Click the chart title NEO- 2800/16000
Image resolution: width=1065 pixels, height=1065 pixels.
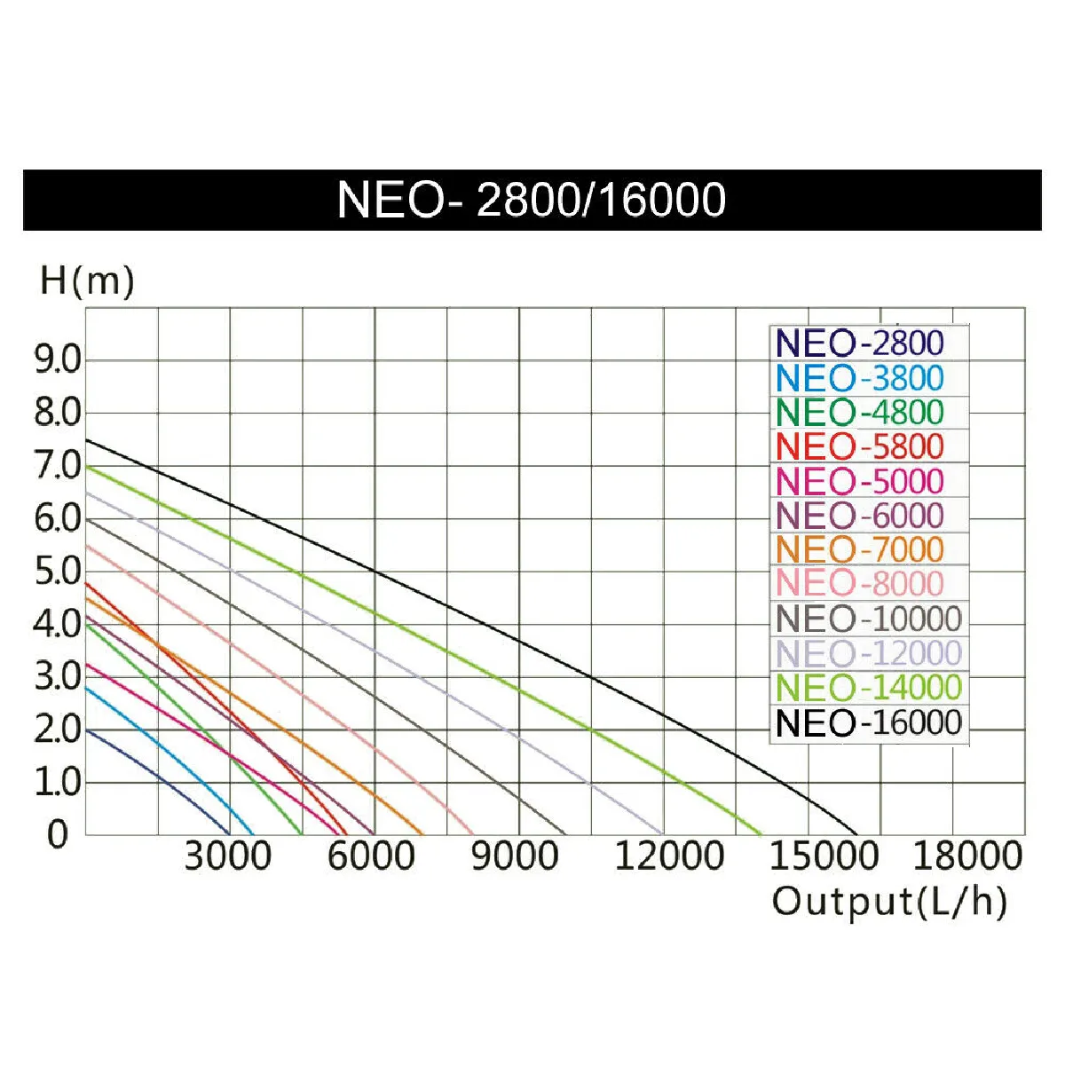coord(532,200)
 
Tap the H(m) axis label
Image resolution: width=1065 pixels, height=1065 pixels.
coord(87,281)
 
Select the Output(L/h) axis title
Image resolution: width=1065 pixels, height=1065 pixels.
coord(889,902)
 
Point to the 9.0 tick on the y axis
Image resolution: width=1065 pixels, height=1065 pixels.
coord(58,360)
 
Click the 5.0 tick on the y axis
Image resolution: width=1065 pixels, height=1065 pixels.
coord(58,572)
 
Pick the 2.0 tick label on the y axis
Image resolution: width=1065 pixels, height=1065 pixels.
coord(58,730)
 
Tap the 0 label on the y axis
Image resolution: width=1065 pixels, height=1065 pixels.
coord(58,834)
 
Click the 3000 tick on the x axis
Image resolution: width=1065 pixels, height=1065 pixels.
coord(228,856)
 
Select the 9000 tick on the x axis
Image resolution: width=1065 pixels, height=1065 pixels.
coord(515,856)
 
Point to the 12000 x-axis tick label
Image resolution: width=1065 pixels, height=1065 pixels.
coord(669,856)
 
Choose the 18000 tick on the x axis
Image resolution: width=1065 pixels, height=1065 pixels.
coord(967,856)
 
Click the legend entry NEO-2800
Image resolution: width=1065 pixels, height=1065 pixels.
coord(859,343)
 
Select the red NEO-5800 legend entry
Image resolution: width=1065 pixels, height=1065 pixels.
coord(859,446)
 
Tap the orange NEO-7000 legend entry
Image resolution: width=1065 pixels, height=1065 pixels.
coord(859,549)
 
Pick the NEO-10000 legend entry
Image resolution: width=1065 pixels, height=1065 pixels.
coord(868,619)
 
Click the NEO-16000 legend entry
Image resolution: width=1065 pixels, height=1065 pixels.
coord(868,722)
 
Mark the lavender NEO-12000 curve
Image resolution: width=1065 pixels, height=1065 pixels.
coord(444,682)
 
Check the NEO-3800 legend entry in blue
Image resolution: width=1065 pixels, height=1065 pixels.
coord(859,378)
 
